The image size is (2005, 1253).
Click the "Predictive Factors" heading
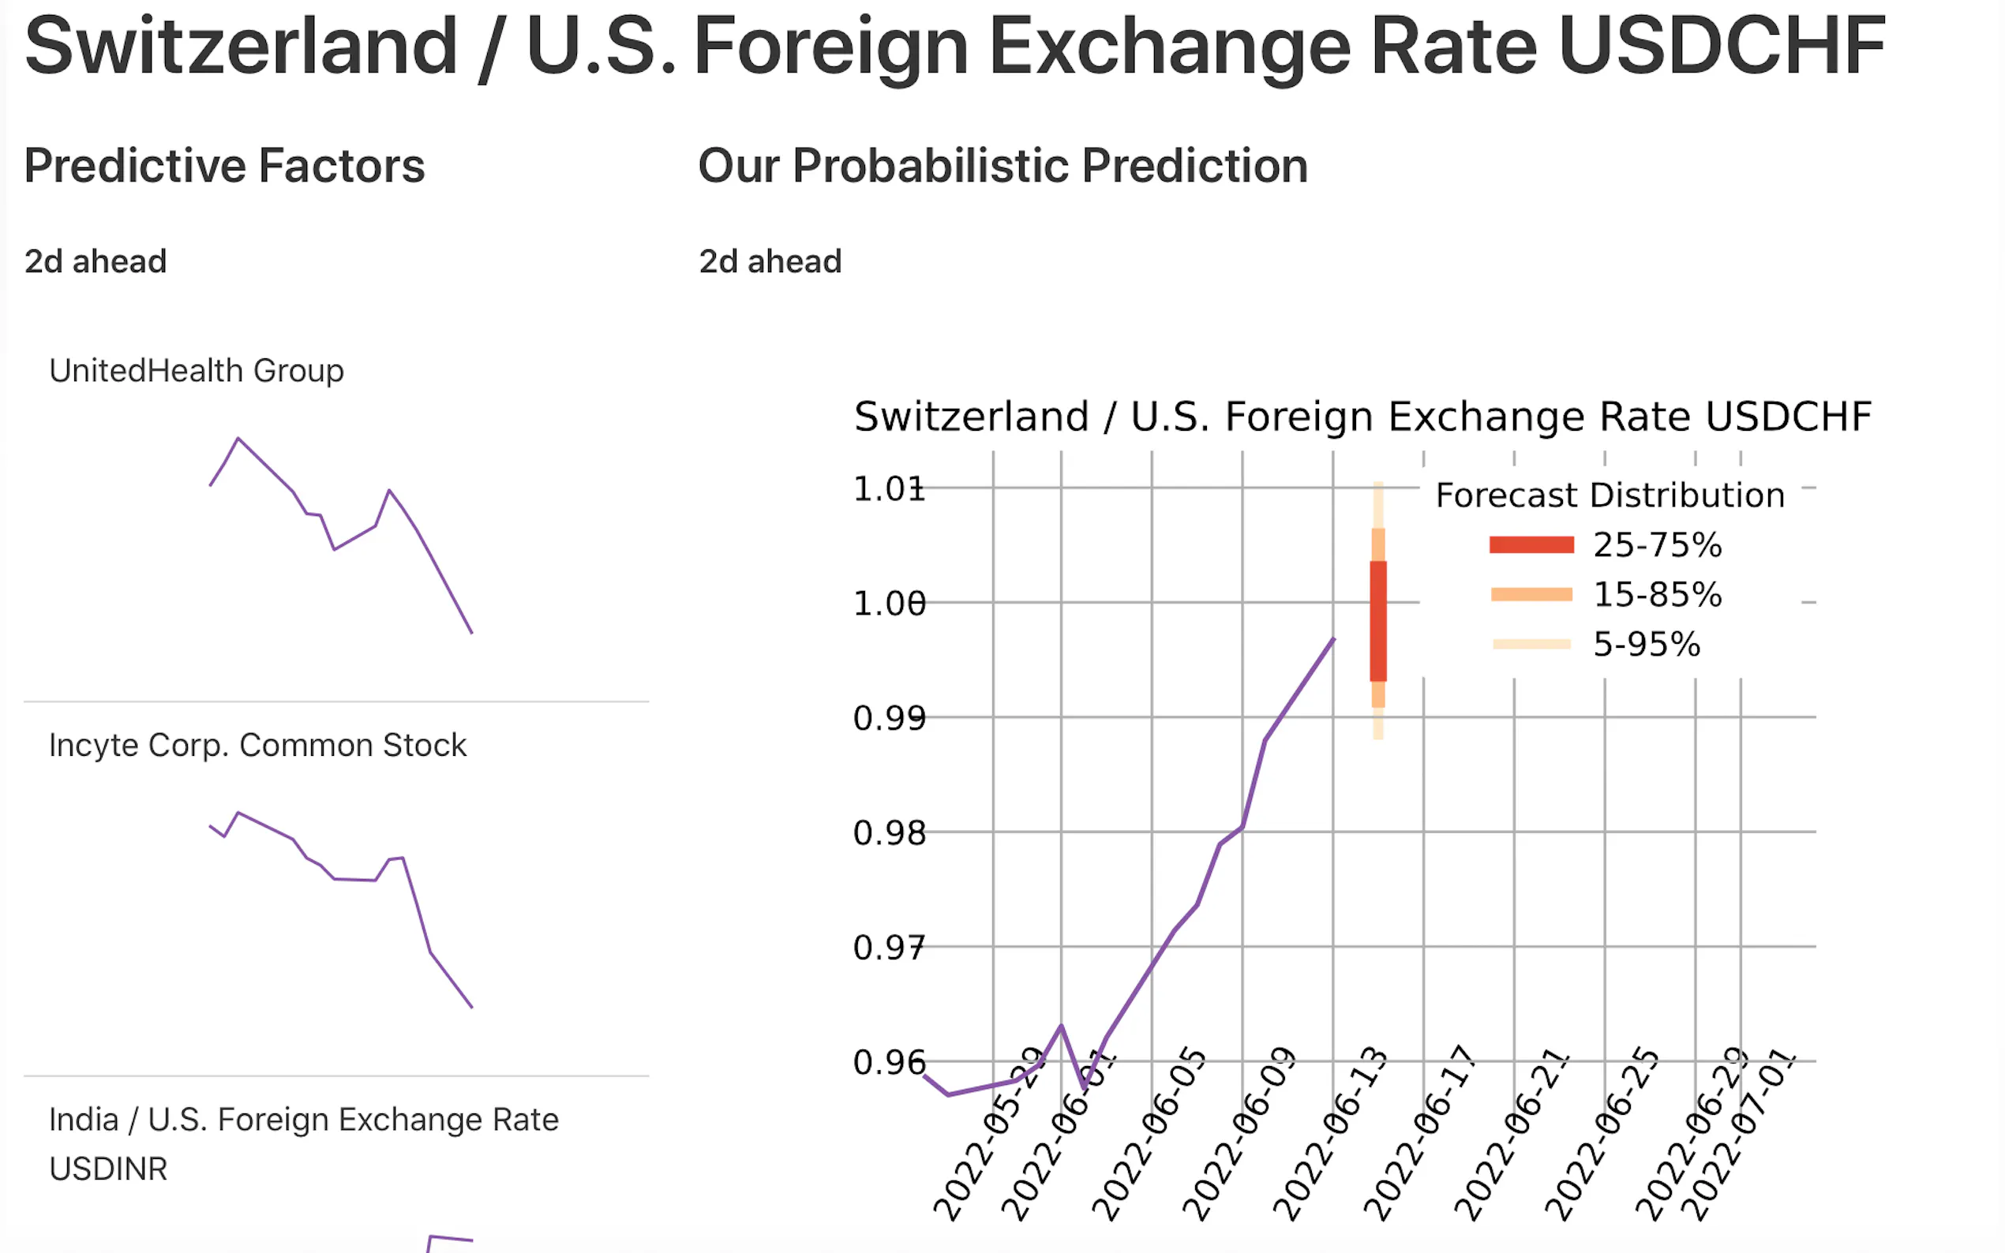coord(224,166)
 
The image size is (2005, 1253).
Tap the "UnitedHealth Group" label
coord(197,370)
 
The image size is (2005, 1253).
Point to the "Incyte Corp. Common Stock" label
coord(258,745)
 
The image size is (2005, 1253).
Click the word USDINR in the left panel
coord(109,1169)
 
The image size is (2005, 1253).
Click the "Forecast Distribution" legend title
coord(1610,496)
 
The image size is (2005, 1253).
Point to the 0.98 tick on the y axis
coord(889,833)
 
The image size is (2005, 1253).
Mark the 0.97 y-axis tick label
coord(889,947)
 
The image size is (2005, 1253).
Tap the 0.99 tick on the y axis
coord(889,719)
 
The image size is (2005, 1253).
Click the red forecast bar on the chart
coord(1377,622)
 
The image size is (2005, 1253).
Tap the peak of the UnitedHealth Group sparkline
coord(238,439)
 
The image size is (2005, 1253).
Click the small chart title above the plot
coord(1362,416)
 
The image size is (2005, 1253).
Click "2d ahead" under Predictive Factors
coord(96,261)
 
